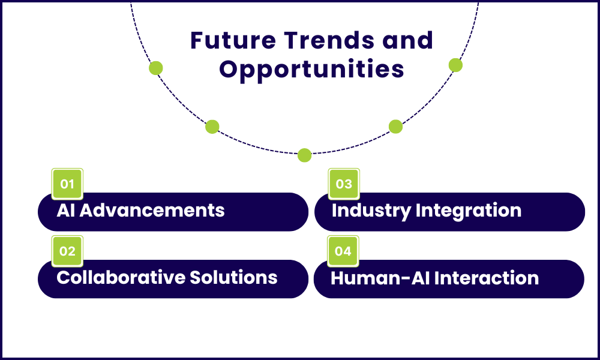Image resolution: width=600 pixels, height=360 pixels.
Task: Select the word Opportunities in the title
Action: pyautogui.click(x=311, y=69)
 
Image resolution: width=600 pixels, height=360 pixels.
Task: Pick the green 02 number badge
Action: pyautogui.click(x=67, y=251)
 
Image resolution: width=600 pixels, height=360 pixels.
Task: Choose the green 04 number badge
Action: pyautogui.click(x=343, y=251)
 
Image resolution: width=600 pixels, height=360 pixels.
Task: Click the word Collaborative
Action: pyautogui.click(x=120, y=277)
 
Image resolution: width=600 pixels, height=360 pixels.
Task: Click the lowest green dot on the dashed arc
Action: pyautogui.click(x=305, y=155)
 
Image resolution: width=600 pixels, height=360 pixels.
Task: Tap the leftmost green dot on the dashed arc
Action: pyautogui.click(x=156, y=68)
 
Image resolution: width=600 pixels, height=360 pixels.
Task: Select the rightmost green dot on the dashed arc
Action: pyautogui.click(x=455, y=65)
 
